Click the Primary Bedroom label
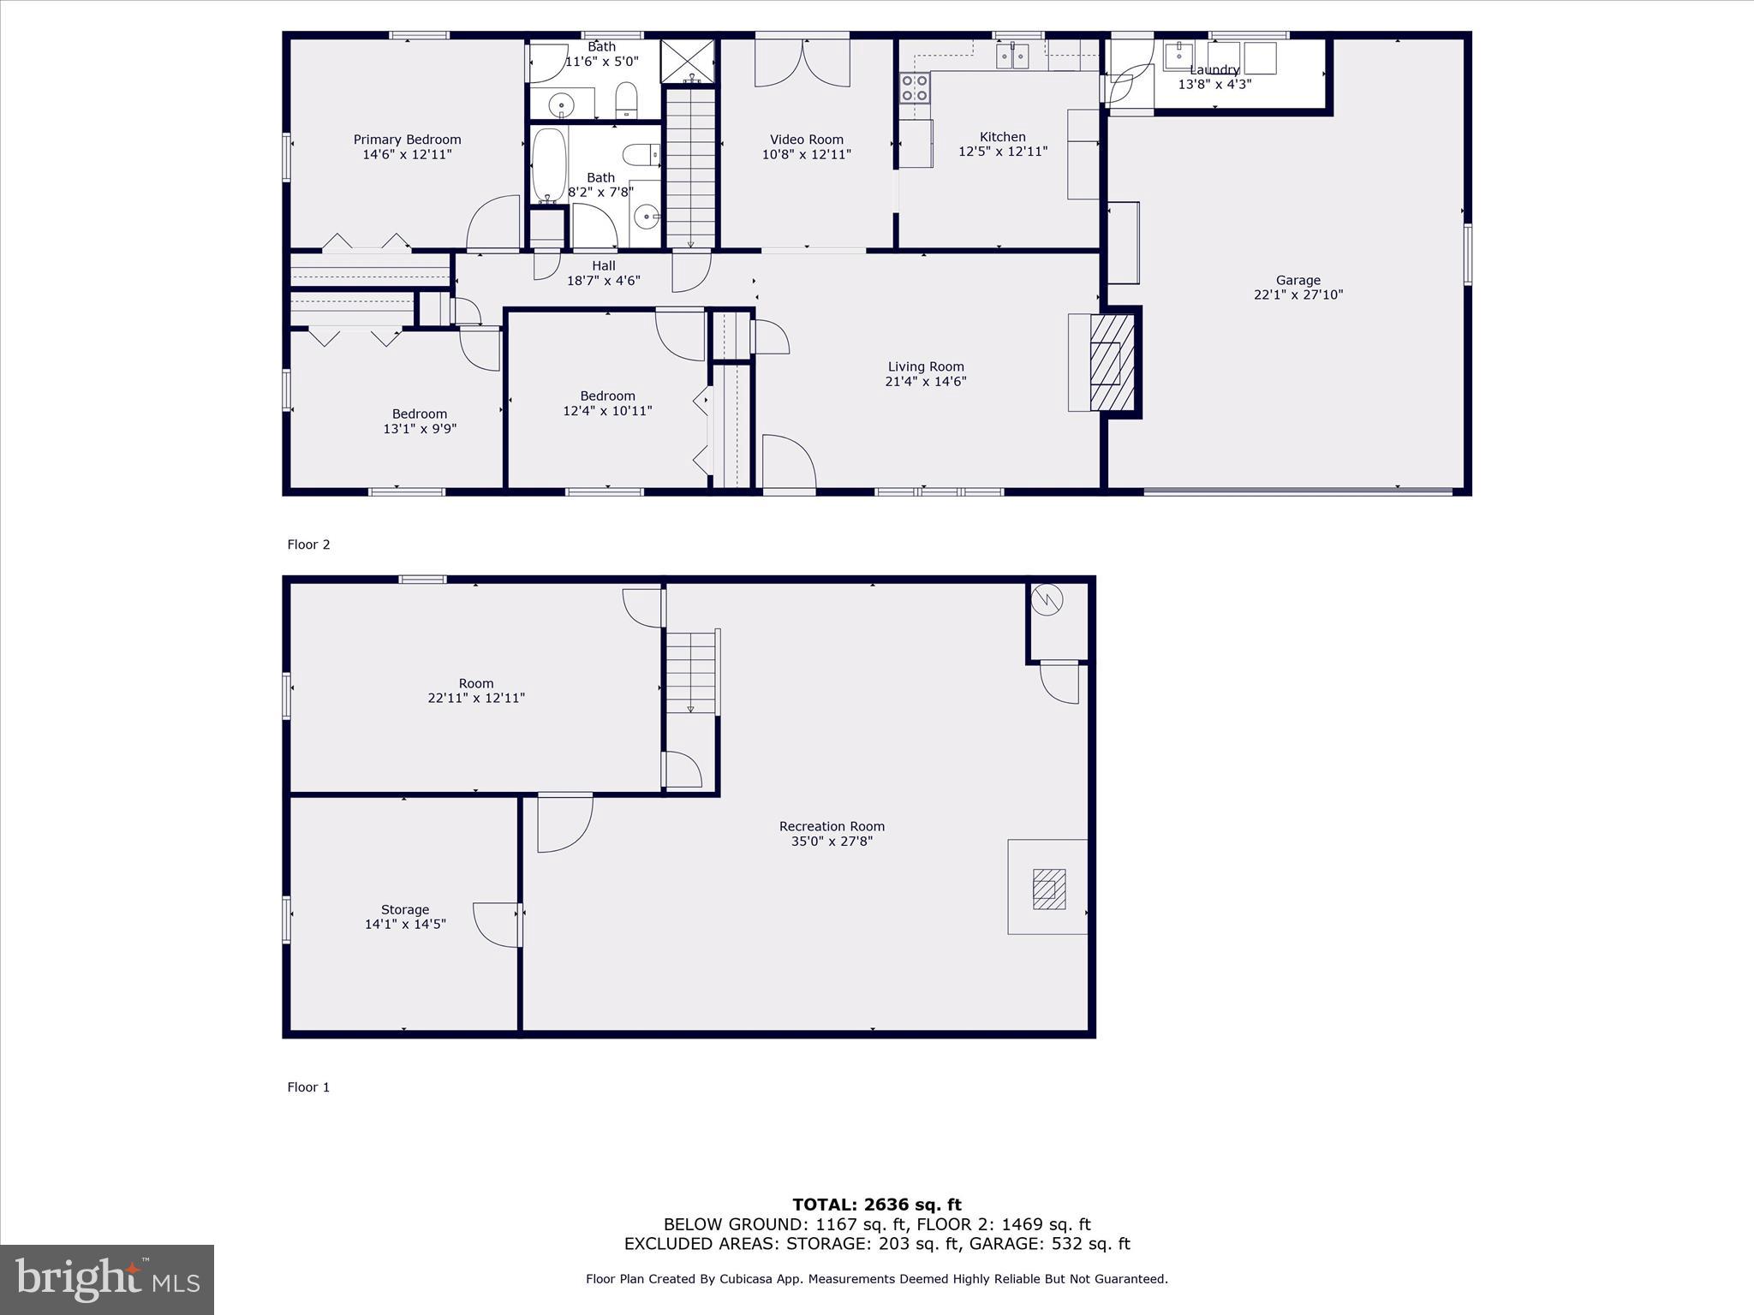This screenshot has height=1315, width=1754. coord(407,140)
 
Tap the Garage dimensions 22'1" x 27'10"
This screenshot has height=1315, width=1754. coord(1298,295)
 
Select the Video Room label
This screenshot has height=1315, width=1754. coord(806,140)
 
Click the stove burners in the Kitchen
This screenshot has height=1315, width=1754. coord(914,88)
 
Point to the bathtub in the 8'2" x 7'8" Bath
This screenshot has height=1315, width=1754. coord(548,164)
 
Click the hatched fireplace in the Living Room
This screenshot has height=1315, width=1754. coord(1111,363)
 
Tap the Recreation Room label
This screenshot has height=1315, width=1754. coord(831,826)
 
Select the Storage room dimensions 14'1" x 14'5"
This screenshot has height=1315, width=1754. coord(405,925)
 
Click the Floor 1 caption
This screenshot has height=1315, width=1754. coord(308,1087)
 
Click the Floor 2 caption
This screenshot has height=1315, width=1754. coord(308,544)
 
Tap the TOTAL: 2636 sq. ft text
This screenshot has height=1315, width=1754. coord(876,1205)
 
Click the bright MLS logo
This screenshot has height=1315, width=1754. coord(107,1280)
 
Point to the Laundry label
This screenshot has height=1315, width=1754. coord(1214,70)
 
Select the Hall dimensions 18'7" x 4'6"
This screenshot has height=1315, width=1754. coord(603,281)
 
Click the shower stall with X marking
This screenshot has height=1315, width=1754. coord(687,60)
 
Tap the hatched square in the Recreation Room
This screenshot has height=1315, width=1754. coord(1048,889)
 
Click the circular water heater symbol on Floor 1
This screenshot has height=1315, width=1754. coord(1047,599)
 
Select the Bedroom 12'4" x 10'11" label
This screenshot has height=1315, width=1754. coord(607,396)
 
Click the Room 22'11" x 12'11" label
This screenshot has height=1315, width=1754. coord(475,683)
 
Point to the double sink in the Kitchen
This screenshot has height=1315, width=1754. coord(1012,57)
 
